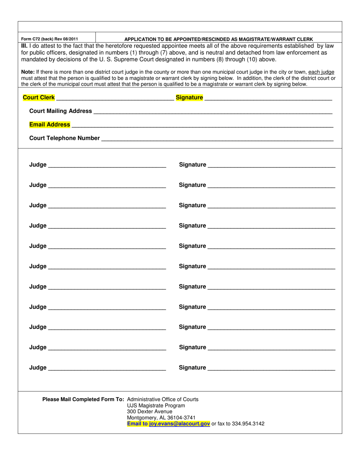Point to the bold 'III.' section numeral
pyautogui.click(x=24, y=46)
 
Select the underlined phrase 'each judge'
pyautogui.click(x=321, y=72)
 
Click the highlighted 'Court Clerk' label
pyautogui.click(x=39, y=97)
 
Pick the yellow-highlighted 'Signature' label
pyautogui.click(x=189, y=97)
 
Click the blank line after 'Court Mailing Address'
pyautogui.click(x=212, y=111)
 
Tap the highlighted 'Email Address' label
pyautogui.click(x=50, y=124)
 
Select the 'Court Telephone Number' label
pyautogui.click(x=64, y=138)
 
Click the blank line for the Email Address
pyautogui.click(x=202, y=125)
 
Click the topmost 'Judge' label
pyautogui.click(x=38, y=165)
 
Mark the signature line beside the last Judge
pyautogui.click(x=271, y=368)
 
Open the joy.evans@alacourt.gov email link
pyautogui.click(x=180, y=424)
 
